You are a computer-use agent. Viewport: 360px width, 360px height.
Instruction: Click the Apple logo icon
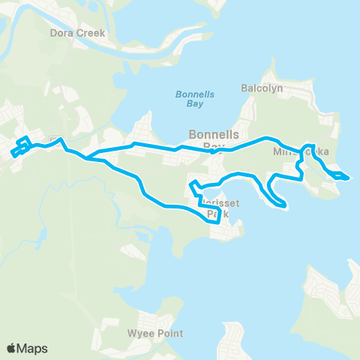tap(12, 347)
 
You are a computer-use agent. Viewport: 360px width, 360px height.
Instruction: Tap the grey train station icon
tap(53, 140)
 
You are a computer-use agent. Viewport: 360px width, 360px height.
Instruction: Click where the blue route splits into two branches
tap(87, 158)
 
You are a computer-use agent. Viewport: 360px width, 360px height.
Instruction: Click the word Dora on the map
tap(61, 34)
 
